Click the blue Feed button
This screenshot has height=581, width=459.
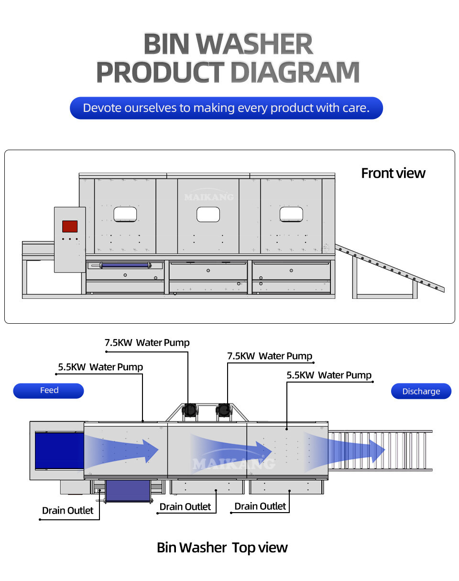48,391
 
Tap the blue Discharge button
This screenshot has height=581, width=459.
421,391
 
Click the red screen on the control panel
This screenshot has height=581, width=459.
70,226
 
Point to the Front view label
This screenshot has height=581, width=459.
393,173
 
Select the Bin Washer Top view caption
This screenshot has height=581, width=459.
222,548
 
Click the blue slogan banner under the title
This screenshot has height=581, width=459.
226,108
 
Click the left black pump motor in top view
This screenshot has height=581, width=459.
190,410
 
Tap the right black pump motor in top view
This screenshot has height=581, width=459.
223,410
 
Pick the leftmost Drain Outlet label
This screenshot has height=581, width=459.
68,510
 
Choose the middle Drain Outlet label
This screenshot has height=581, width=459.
185,506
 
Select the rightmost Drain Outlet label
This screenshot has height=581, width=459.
260,506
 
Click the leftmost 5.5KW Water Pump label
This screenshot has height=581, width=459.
100,367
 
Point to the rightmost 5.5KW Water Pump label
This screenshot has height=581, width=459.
329,375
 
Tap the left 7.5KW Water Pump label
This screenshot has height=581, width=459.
147,342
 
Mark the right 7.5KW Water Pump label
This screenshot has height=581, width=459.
270,356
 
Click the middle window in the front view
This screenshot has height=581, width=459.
208,214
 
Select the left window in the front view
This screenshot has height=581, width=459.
125,214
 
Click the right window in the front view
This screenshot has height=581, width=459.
291,214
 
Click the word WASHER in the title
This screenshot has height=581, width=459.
255,44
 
